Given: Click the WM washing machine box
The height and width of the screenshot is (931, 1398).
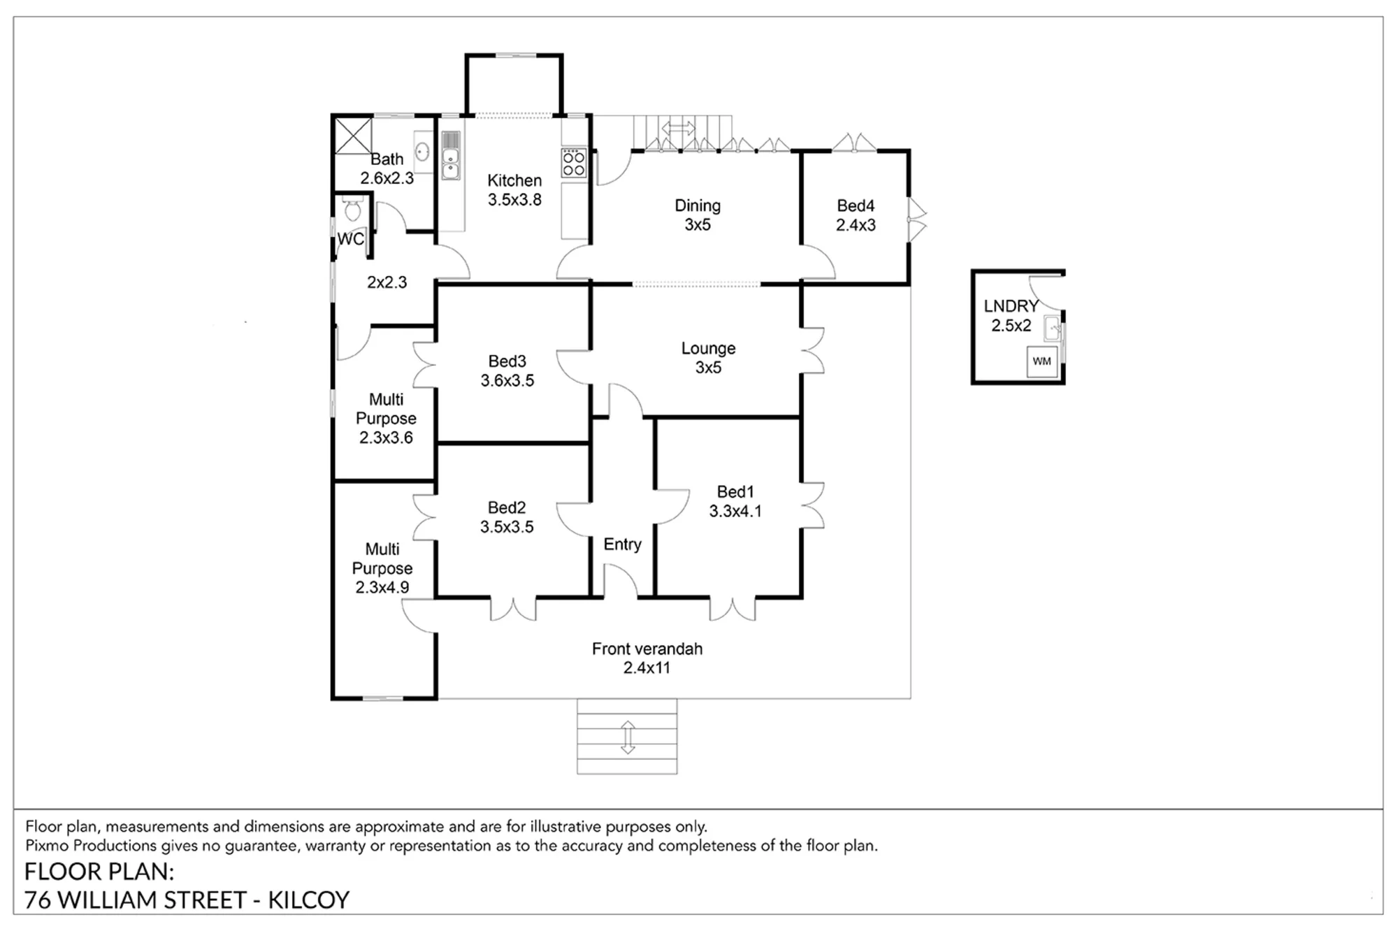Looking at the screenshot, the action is [1042, 362].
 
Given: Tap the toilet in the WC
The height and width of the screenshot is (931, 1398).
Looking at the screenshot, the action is [352, 208].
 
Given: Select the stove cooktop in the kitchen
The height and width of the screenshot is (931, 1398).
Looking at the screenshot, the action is [574, 163].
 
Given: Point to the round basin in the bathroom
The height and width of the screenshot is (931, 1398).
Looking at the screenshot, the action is [422, 151].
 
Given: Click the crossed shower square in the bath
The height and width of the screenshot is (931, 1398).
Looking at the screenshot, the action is [353, 136].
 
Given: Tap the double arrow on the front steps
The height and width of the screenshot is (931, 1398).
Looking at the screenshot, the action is [628, 737].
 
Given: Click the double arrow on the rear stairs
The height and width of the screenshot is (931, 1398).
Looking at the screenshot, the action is [678, 129].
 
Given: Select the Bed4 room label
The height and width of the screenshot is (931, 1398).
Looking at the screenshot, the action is [856, 205].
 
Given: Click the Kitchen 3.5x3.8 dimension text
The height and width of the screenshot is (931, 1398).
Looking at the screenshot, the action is [514, 200].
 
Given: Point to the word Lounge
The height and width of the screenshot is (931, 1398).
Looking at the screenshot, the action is [708, 349].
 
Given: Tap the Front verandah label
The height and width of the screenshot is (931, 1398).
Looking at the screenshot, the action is [647, 649].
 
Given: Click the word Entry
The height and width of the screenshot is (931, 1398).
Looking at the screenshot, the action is [622, 544].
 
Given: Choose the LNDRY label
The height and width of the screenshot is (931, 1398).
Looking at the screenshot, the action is [1011, 306].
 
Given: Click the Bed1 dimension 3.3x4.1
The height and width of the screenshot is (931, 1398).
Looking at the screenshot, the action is [735, 512].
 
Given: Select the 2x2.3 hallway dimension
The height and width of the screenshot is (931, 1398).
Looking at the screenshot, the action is [387, 282].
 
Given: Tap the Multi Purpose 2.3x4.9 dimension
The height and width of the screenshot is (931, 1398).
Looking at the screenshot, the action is [382, 588].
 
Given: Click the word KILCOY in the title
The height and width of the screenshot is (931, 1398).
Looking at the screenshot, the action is [308, 900].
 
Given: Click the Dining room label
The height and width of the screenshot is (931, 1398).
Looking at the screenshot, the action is [698, 206].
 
